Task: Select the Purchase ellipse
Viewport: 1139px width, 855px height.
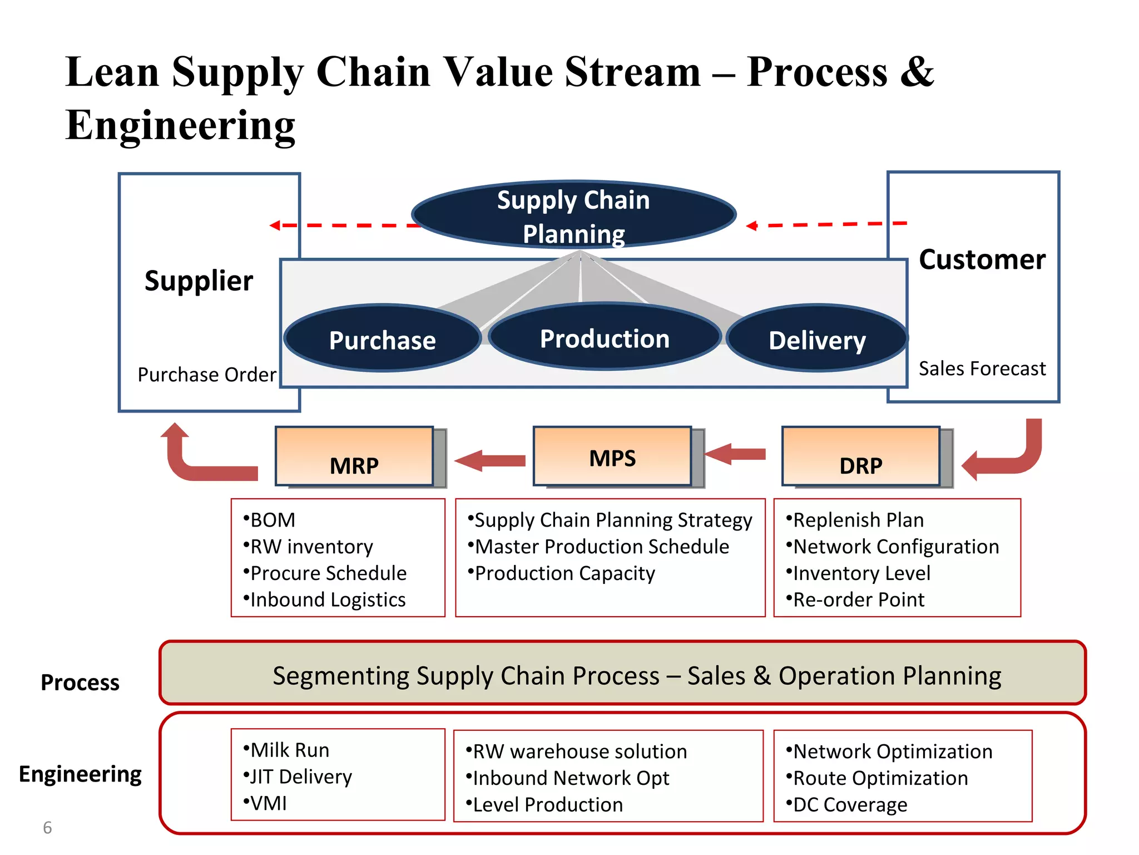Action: click(382, 338)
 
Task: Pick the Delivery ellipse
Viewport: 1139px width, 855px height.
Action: click(816, 338)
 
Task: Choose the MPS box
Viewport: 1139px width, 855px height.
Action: click(612, 456)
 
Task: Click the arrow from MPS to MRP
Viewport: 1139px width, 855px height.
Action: click(489, 460)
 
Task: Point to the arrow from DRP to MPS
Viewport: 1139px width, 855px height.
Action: click(735, 454)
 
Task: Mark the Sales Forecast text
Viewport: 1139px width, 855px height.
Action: click(982, 368)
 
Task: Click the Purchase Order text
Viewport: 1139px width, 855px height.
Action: click(206, 375)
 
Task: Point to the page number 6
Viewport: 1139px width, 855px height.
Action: click(47, 827)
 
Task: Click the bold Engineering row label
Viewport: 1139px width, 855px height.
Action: click(80, 774)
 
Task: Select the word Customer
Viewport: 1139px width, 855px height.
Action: click(982, 260)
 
